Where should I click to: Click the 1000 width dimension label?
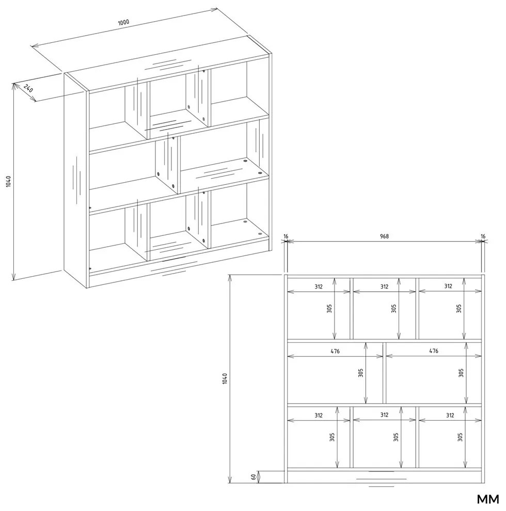click(x=123, y=23)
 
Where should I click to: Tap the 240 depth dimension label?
click(x=28, y=88)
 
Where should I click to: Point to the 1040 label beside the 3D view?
click(x=8, y=181)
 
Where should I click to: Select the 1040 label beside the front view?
click(x=225, y=378)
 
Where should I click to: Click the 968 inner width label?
click(x=384, y=236)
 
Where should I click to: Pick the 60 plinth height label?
click(x=254, y=476)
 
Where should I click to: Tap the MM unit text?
click(x=488, y=499)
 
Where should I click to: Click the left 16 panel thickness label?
click(x=286, y=236)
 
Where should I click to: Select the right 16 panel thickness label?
click(x=483, y=236)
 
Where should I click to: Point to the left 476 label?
click(x=335, y=351)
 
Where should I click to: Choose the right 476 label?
click(x=434, y=351)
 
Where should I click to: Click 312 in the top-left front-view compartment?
click(x=319, y=286)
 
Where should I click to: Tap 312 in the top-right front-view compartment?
click(x=448, y=286)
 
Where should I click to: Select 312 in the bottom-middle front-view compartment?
click(x=384, y=415)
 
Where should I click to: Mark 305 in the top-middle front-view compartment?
click(x=393, y=308)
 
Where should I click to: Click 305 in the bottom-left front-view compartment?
click(x=332, y=437)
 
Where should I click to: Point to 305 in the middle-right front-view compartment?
click(x=461, y=373)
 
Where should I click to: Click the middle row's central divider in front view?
click(x=384, y=373)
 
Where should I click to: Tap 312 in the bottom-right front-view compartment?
click(x=450, y=415)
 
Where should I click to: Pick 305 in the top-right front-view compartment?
click(x=458, y=308)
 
